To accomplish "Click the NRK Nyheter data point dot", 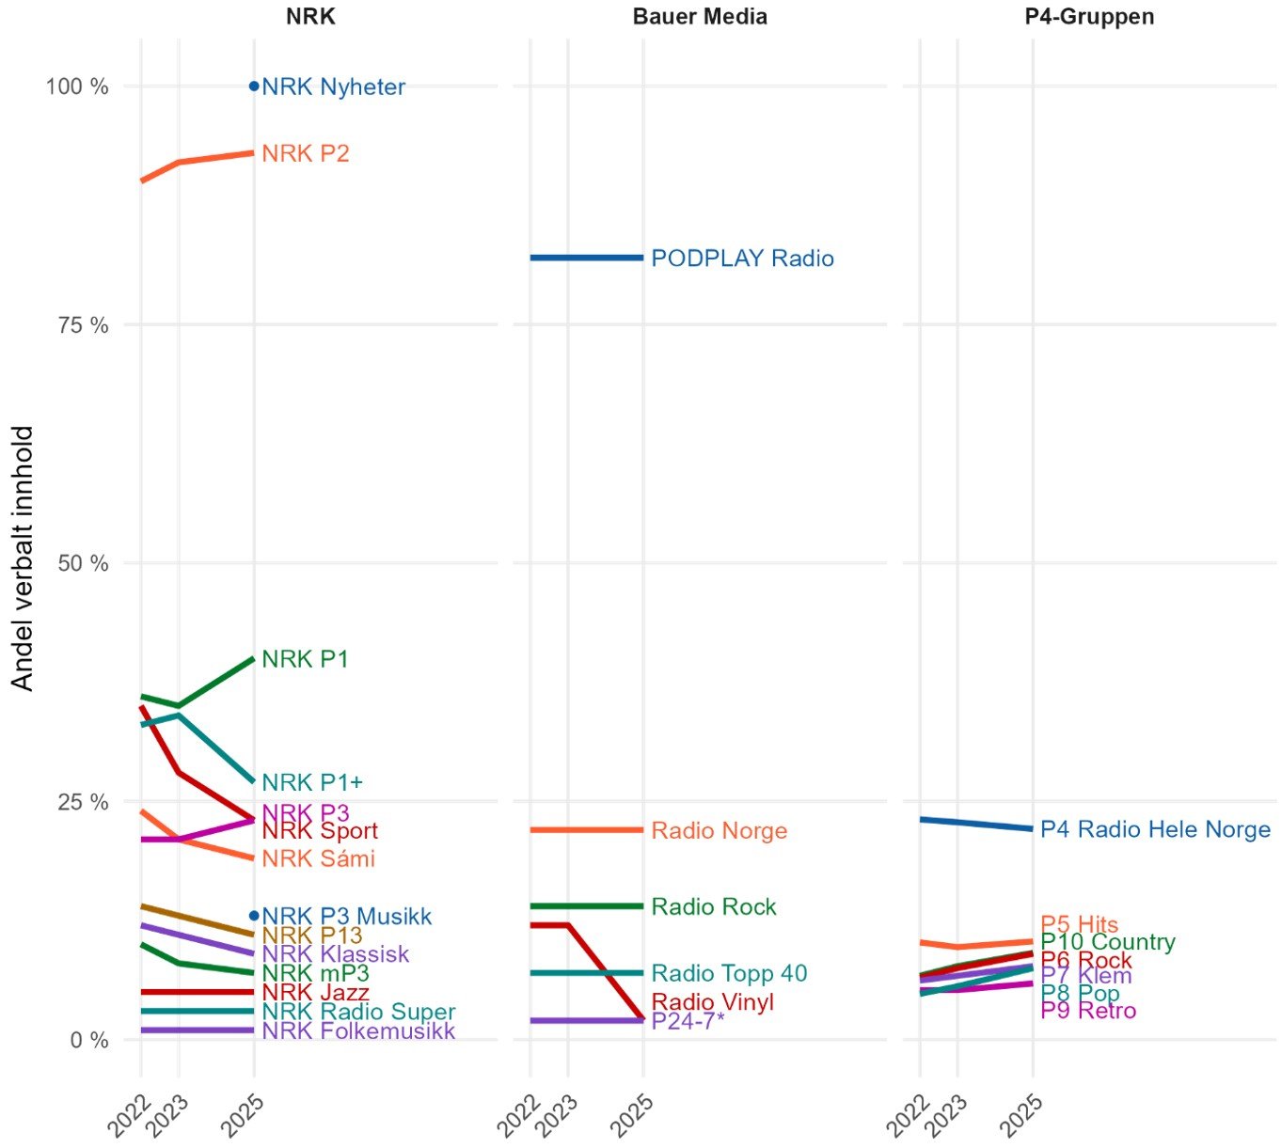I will pos(254,86).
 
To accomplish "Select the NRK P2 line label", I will pos(305,154).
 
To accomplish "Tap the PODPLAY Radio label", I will pos(742,259).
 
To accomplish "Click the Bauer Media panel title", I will pos(700,17).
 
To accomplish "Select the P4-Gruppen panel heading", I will pos(1089,17).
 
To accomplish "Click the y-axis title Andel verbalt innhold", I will pos(23,558).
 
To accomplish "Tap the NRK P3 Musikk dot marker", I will pos(254,916).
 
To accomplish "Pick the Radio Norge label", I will pos(719,831).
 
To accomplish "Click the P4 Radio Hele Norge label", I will pos(1155,829).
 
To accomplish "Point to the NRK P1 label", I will pos(305,660).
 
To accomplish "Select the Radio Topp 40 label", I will pos(729,974).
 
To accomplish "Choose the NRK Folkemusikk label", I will pos(358,1031).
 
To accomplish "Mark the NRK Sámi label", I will pos(318,858).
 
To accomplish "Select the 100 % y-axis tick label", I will pos(77,86).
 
